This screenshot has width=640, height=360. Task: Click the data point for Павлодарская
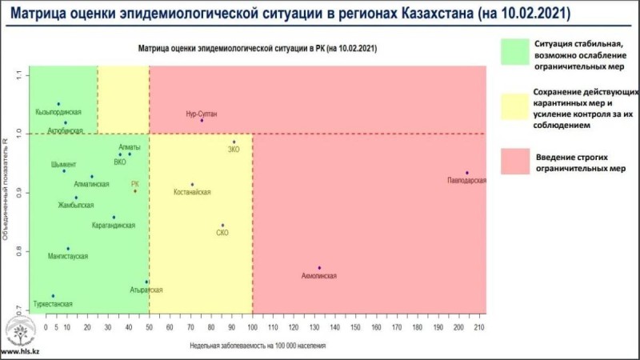[x=467, y=173]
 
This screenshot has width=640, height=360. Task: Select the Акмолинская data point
[x=319, y=268]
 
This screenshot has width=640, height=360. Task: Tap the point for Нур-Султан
[x=202, y=121]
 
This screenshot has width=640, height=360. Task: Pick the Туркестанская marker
[x=53, y=296]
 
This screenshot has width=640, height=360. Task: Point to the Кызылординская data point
[x=58, y=104]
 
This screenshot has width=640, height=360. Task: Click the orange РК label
[x=135, y=184]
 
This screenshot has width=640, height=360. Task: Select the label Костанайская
[x=192, y=193]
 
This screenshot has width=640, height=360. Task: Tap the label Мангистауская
[x=68, y=256]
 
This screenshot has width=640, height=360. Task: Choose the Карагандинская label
[x=113, y=226]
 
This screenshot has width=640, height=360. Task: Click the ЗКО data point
[x=234, y=142]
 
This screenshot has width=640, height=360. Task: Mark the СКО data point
[x=222, y=225]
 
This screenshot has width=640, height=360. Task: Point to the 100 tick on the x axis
[x=252, y=327]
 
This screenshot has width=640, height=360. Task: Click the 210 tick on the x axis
[x=480, y=327]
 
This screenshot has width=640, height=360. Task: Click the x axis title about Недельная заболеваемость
[x=258, y=346]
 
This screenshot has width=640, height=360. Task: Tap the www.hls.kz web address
[x=20, y=352]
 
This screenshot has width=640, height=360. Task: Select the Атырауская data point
[x=146, y=282]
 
